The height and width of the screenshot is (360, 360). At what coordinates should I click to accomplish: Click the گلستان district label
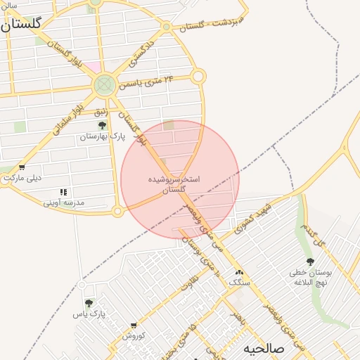coord(21,24)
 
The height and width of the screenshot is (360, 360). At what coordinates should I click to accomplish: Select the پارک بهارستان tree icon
coord(103,125)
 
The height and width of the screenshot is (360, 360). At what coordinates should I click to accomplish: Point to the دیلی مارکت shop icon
coord(22,167)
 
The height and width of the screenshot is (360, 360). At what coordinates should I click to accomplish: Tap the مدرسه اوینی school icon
coord(63,192)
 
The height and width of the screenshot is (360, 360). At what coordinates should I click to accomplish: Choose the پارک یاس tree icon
coord(89,303)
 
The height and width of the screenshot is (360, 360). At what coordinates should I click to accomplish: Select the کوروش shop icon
coord(134,326)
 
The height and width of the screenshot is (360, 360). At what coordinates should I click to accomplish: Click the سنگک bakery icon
coord(239,272)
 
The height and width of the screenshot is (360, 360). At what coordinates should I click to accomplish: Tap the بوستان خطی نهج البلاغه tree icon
coord(310,262)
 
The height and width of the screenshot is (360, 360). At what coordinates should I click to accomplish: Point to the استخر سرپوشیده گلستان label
coord(174,184)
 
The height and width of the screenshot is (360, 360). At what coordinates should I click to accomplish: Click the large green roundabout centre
coord(104,86)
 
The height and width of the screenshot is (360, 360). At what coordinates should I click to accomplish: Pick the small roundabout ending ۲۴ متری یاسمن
coord(198,75)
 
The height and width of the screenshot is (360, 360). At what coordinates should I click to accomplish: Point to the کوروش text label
coord(134,335)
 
